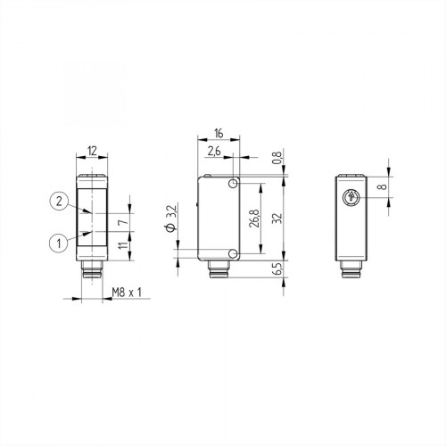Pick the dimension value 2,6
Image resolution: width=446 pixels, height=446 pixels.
214,153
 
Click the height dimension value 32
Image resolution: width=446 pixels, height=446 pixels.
277,217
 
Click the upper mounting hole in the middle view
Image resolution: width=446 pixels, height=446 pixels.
232,183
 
